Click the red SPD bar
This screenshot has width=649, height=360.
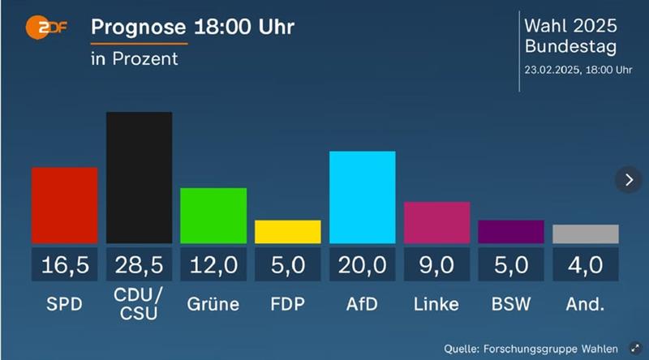point(64,205)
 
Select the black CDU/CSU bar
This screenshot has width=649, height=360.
point(139,178)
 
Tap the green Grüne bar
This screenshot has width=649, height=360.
point(213,215)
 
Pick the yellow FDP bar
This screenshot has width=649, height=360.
point(288,232)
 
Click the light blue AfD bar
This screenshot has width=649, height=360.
point(362,197)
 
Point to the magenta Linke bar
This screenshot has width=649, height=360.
point(436,222)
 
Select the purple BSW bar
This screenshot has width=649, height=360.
point(511,232)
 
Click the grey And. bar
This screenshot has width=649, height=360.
point(585,234)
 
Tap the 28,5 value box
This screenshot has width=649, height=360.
point(139,264)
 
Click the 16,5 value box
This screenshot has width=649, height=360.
point(64,264)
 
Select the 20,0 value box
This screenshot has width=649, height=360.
point(362,264)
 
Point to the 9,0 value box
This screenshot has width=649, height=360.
point(436,264)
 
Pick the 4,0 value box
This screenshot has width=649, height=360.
point(585,264)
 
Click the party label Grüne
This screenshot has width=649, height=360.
point(213,305)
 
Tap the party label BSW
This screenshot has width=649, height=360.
point(511,305)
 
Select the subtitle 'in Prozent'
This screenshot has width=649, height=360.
point(134,59)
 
